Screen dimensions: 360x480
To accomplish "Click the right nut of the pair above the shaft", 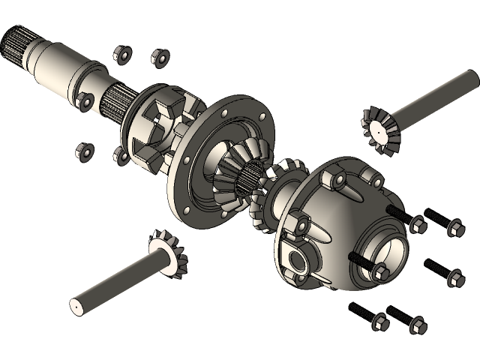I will tap(158, 58).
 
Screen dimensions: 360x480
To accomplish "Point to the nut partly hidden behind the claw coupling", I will tap(120, 156).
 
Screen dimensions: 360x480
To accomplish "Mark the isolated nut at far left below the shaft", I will tap(83, 151).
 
